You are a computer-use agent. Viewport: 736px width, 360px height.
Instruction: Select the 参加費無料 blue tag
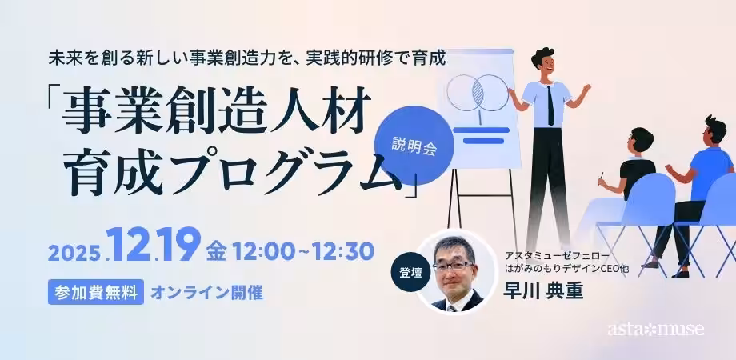coord(96,290)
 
